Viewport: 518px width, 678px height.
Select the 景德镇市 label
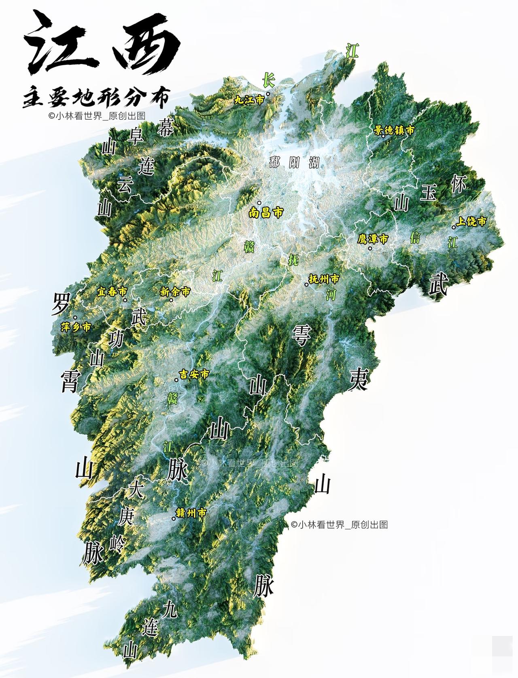[x=394, y=130]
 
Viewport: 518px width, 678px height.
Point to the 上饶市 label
[x=471, y=222]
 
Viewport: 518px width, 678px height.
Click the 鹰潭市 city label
[x=373, y=239]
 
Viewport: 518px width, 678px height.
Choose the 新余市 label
[x=175, y=292]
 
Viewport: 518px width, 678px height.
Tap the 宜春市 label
[x=112, y=292]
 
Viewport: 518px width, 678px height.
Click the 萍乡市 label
[x=76, y=327]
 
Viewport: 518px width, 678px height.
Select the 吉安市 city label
[x=194, y=375]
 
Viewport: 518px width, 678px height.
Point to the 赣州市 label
[x=192, y=513]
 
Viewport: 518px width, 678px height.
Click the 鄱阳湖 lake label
[x=294, y=163]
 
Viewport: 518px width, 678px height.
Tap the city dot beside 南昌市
[x=259, y=203]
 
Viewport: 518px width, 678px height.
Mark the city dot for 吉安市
[x=176, y=380]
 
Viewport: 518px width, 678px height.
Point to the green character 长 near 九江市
[x=268, y=80]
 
